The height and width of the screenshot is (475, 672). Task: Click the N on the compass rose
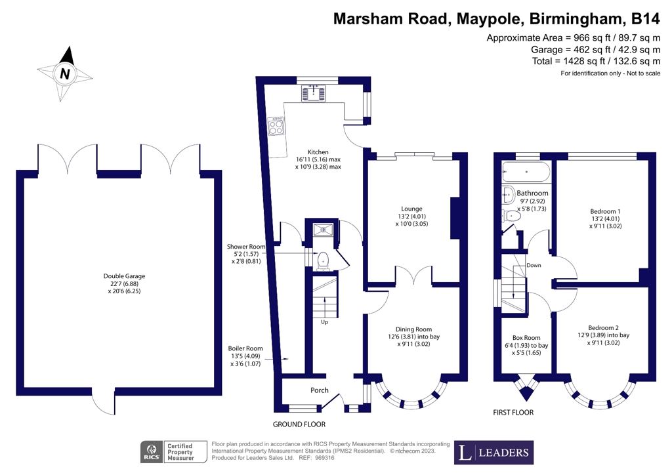click(65, 74)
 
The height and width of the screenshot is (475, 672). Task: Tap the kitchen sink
click(313, 93)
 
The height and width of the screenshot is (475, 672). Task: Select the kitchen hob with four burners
click(276, 126)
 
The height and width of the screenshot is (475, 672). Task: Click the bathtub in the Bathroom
click(526, 172)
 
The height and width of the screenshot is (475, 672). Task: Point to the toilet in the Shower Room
click(322, 261)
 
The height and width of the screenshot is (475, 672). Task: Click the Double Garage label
click(124, 283)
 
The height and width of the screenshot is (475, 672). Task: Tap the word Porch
click(320, 390)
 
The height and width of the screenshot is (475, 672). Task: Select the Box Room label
click(526, 345)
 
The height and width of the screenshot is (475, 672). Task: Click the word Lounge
click(412, 209)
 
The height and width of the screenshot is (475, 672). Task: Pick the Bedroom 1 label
click(605, 218)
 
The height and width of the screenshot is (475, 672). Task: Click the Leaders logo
click(493, 452)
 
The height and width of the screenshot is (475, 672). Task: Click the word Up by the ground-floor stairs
click(324, 321)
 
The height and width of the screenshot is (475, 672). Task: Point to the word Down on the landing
click(534, 265)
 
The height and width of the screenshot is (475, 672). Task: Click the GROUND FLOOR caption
click(299, 424)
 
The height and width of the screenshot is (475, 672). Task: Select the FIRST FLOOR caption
click(513, 413)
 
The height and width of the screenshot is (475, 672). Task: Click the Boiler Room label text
click(245, 356)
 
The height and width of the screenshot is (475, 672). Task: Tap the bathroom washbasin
click(509, 195)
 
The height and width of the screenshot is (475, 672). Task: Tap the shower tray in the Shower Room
click(323, 230)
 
